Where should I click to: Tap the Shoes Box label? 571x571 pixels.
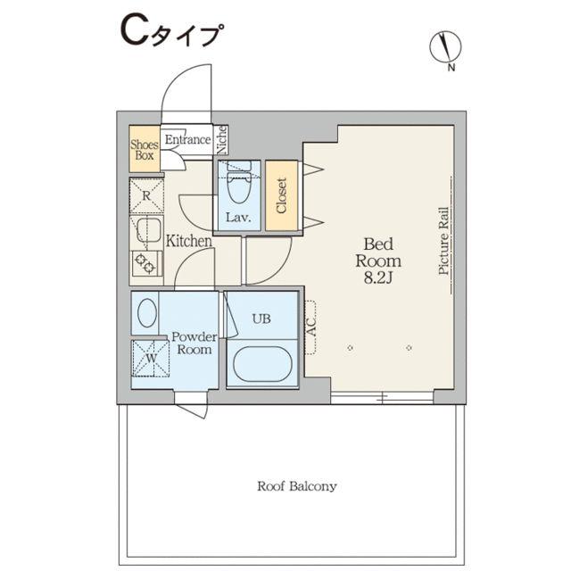145,150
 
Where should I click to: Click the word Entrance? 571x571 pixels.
187,139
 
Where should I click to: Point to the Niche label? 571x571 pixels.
222,139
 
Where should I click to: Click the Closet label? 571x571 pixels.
282,195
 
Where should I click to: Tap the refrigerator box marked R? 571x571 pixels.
146,195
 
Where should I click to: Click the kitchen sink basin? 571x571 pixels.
149,229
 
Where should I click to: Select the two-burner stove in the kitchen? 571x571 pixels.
146,264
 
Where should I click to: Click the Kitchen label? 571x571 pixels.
188,241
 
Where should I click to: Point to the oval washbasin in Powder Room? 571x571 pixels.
147,313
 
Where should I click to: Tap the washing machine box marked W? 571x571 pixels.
151,359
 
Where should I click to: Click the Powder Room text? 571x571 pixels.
194,343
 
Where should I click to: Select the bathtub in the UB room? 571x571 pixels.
262,364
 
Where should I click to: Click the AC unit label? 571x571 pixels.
311,327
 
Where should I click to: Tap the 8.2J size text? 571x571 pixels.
377,277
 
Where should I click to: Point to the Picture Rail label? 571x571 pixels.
443,241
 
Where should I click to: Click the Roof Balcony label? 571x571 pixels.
297,486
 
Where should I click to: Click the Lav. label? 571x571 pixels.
238,218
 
